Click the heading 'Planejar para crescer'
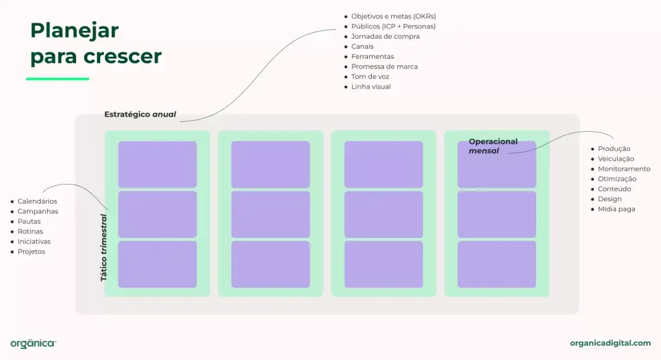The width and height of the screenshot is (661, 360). click(96, 43)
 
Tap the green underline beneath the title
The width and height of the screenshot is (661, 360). click(57, 79)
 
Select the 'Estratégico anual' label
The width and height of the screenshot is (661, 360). click(140, 115)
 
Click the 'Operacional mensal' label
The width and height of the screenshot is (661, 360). click(493, 146)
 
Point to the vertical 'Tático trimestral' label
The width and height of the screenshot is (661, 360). click(104, 247)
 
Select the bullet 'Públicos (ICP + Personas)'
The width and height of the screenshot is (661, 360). click(393, 26)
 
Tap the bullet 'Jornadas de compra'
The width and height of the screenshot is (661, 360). click(385, 36)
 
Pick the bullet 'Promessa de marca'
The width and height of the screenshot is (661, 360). click(384, 66)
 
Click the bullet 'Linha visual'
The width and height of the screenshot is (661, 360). click(371, 86)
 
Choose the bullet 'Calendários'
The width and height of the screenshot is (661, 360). click(37, 201)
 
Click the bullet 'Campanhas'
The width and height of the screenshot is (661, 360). click(37, 211)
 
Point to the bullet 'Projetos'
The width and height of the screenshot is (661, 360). click(31, 252)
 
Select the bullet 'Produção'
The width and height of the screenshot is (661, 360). click(614, 149)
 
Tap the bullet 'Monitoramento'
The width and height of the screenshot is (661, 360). click(624, 169)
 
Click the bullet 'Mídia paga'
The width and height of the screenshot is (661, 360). click(616, 209)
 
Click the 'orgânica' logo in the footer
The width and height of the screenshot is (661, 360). click(33, 343)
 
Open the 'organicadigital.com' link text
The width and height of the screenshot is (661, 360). click(610, 343)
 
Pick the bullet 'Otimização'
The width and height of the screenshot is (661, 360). click(617, 179)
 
